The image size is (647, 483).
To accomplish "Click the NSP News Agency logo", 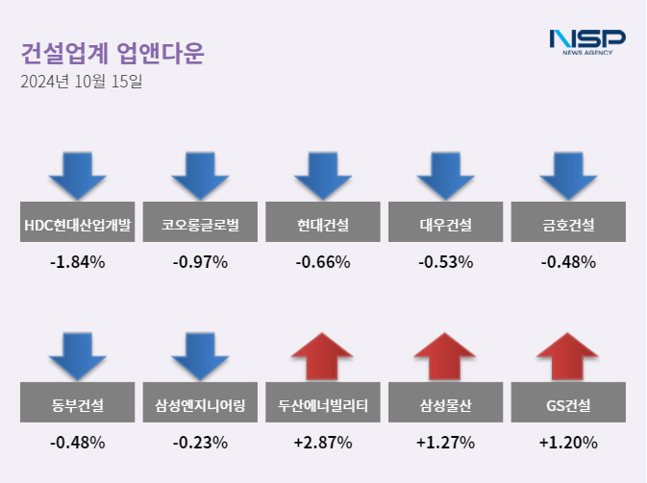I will tap(586, 41).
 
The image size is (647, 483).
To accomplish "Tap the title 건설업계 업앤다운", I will tap(112, 52).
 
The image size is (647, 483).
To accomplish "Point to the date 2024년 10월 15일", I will tap(81, 83).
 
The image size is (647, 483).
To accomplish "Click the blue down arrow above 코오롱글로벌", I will tap(200, 175).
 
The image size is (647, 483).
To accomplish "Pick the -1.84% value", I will tap(78, 262).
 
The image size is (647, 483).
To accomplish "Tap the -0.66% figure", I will tap(323, 262).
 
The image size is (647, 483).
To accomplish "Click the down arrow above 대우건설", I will tap(445, 175).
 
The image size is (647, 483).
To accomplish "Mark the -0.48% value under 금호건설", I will tap(568, 262).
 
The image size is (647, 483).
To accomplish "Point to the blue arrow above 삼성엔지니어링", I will tap(200, 355).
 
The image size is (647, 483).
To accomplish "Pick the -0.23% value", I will tap(200, 443).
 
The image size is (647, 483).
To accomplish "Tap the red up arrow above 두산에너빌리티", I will tap(323, 355).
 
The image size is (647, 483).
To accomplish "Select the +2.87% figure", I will tap(323, 443).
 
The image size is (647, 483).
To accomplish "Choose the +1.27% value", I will tap(445, 443).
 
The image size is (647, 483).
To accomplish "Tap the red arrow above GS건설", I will tap(568, 355).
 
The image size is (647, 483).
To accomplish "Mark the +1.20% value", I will tap(568, 443).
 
